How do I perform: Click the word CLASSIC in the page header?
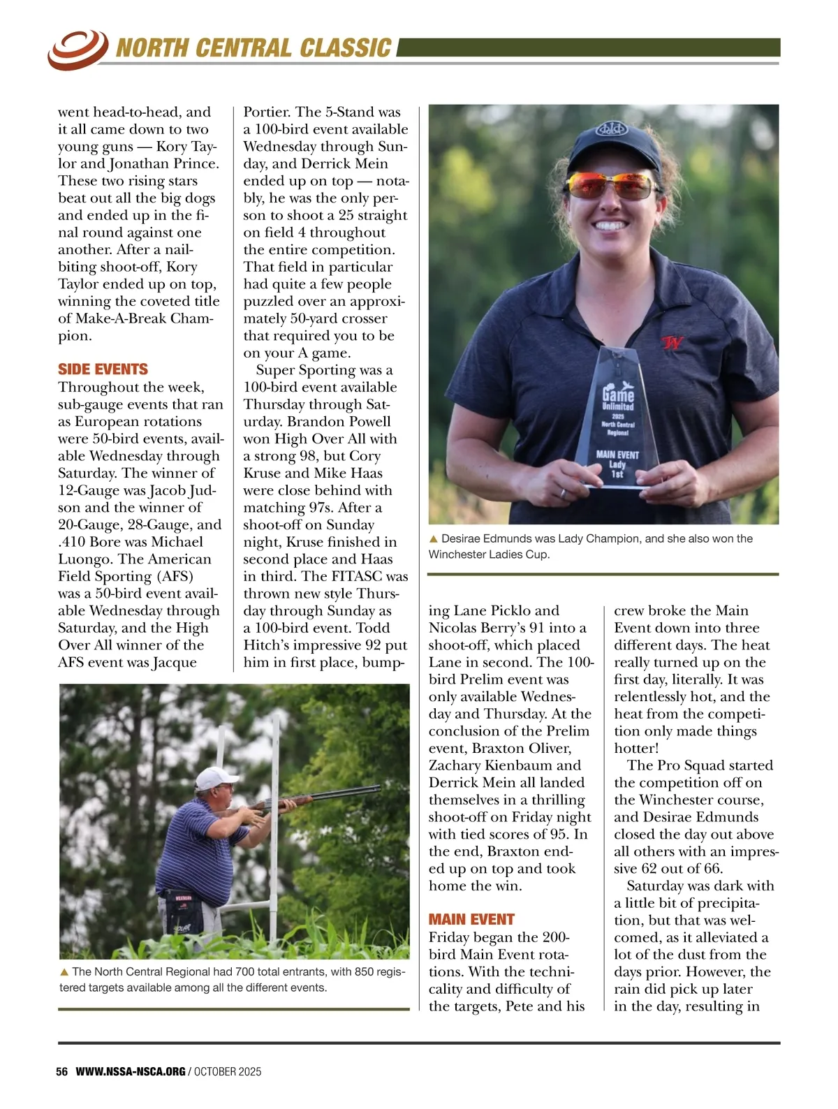(x=345, y=48)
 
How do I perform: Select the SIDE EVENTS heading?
(x=103, y=369)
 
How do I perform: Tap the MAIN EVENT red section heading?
(x=471, y=919)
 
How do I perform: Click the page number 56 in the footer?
(x=62, y=1071)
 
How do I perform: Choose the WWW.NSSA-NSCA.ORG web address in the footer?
(x=131, y=1071)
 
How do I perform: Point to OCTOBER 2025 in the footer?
(x=228, y=1071)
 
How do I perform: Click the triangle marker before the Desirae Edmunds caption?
(x=433, y=538)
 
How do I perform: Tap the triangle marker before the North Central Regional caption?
(x=64, y=971)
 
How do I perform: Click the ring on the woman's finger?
(x=564, y=493)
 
